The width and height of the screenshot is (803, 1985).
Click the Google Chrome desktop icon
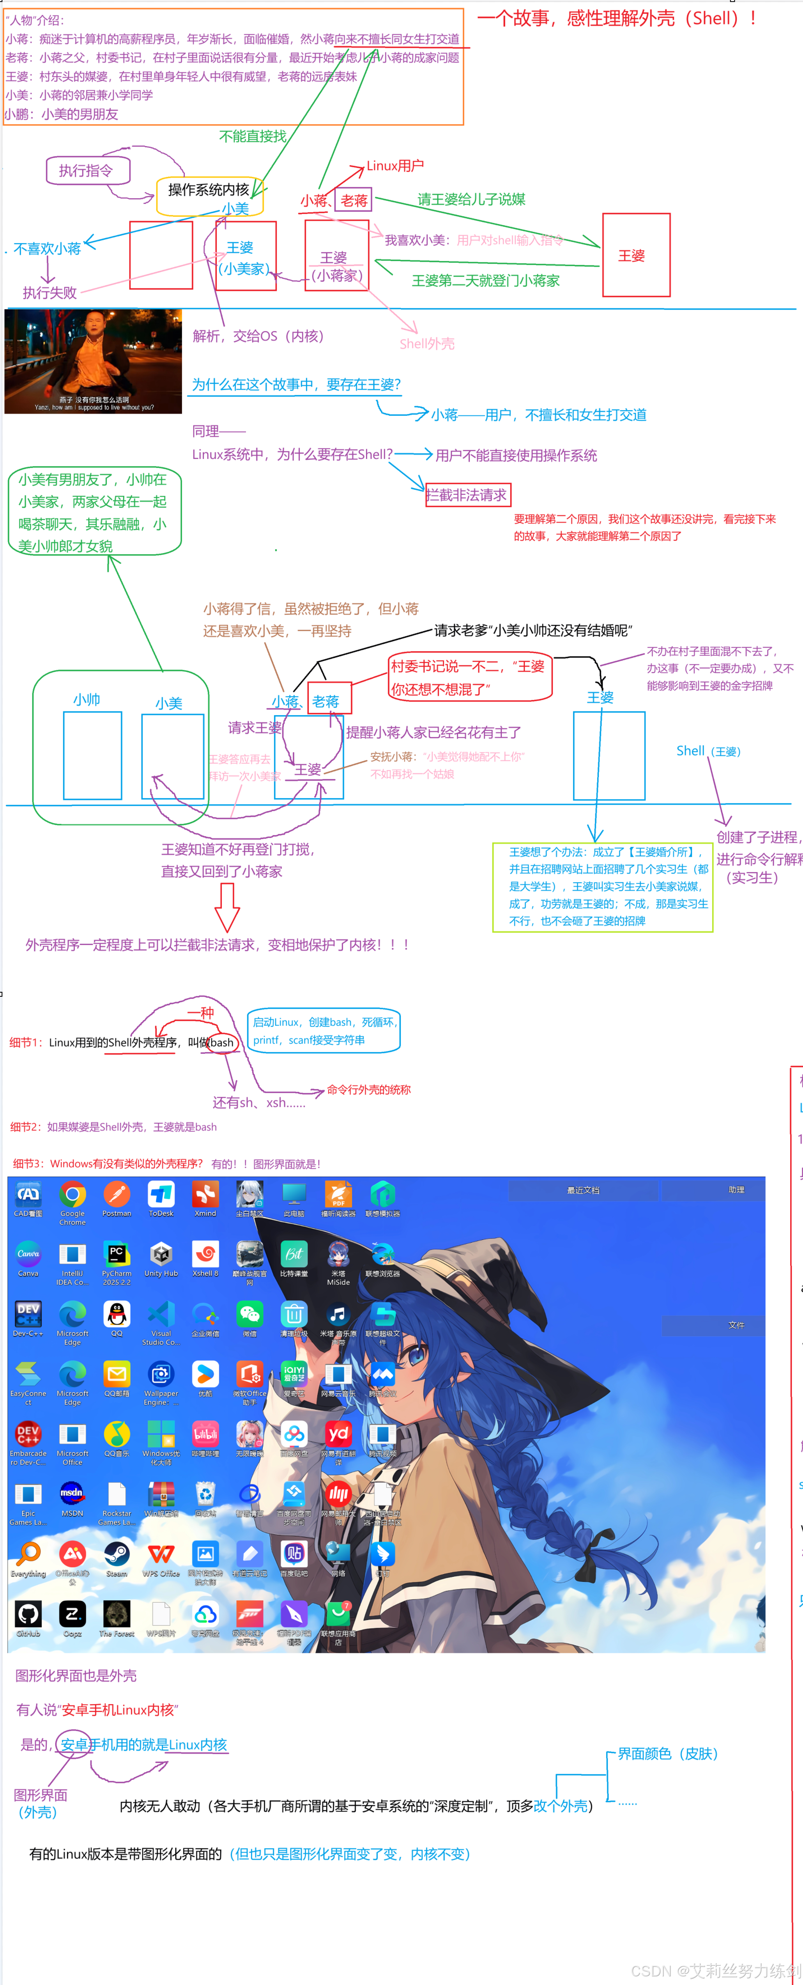click(x=72, y=1196)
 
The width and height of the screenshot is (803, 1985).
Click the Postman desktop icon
click(x=116, y=1196)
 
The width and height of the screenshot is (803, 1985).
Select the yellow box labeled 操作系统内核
click(x=208, y=190)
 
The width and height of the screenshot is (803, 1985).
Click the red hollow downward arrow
click(x=227, y=907)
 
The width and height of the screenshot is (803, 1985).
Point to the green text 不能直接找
click(x=253, y=136)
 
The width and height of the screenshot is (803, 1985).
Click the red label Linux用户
click(x=395, y=166)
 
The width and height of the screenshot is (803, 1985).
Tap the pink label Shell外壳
click(x=427, y=344)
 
